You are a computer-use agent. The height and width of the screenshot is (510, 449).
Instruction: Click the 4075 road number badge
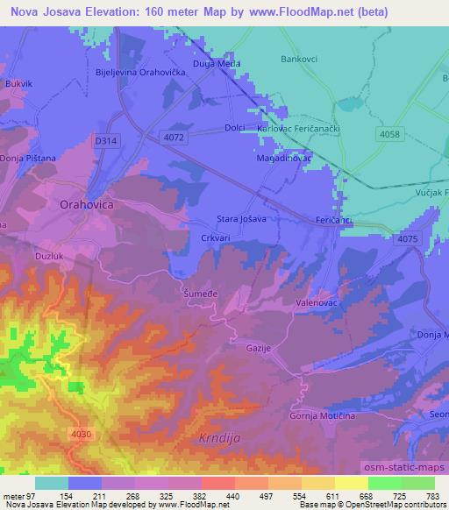tap(407, 239)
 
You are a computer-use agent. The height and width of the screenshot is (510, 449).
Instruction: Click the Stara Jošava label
tap(241, 219)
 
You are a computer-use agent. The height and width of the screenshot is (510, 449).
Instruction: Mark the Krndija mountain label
tap(214, 436)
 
